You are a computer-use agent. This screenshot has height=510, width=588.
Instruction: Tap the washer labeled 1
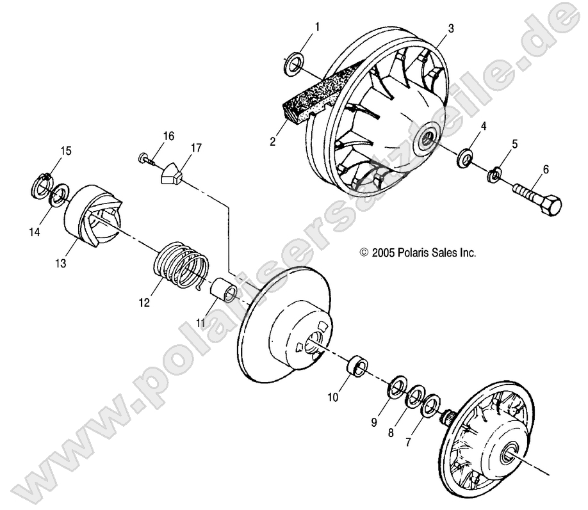tap(295, 63)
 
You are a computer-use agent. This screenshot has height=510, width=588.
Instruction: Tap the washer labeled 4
tap(464, 157)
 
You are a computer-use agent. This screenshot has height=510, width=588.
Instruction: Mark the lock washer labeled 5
tap(494, 174)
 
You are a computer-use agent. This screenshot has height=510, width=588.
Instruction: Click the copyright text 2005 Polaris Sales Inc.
tap(427, 253)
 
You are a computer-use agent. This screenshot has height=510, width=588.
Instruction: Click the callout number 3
tap(451, 28)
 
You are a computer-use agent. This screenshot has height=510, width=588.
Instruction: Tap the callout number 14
tap(35, 232)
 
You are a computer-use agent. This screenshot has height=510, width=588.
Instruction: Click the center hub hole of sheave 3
tap(425, 141)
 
